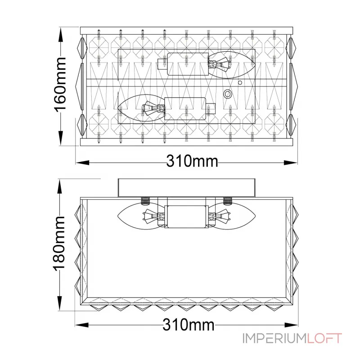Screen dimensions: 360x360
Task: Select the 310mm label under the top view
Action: [x=192, y=161]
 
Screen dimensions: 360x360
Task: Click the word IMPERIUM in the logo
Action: [x=274, y=338]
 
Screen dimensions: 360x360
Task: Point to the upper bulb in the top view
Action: [x=232, y=64]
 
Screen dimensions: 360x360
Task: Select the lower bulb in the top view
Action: [x=141, y=108]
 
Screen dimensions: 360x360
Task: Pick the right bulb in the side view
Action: [x=232, y=216]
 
